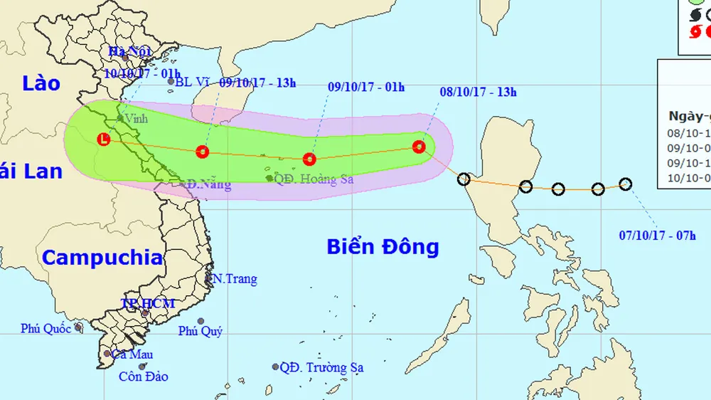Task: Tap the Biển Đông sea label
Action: [x=383, y=247]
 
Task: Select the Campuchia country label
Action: [x=102, y=257]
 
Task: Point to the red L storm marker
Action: [x=105, y=140]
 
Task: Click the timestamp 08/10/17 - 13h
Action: [x=479, y=92]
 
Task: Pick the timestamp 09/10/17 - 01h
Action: [x=366, y=88]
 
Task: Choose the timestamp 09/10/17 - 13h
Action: [x=257, y=83]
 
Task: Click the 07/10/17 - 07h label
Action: [x=658, y=236]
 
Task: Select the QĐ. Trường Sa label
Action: [x=321, y=368]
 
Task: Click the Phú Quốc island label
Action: [x=46, y=328]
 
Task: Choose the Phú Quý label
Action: [x=201, y=331]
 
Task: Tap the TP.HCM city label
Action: [x=147, y=304]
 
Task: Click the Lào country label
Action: [x=41, y=83]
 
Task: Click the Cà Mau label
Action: [x=132, y=354]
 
